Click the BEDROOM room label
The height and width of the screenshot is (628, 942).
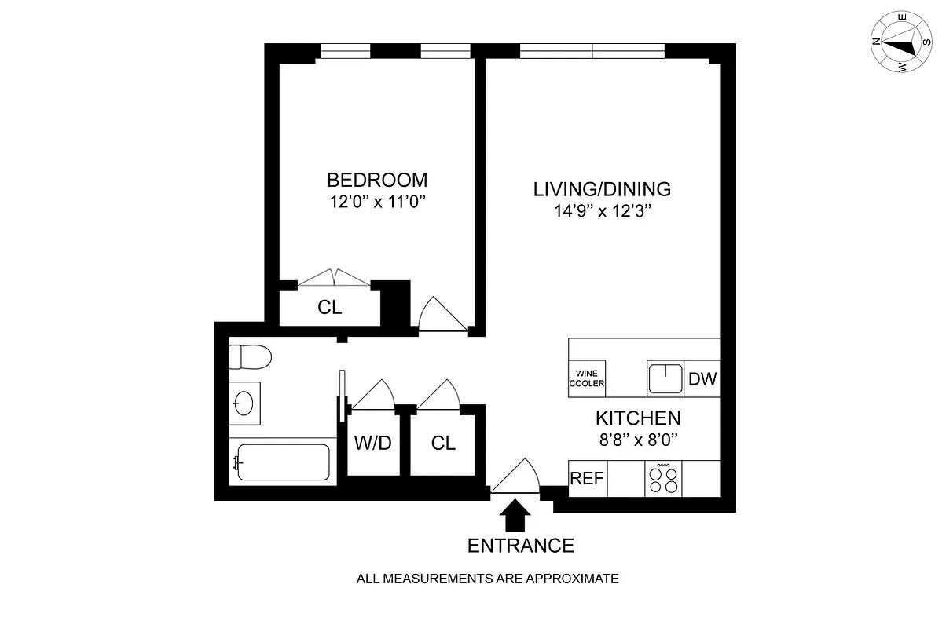point(377,179)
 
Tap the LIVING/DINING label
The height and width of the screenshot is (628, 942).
point(602,189)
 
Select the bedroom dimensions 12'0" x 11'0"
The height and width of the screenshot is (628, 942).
point(377,202)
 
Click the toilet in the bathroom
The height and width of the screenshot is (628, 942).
point(250,358)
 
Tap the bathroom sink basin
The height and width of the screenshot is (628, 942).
point(244,403)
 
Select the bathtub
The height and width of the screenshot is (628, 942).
point(280,462)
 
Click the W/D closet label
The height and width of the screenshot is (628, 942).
point(372,444)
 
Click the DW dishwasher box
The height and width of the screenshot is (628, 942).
point(702,379)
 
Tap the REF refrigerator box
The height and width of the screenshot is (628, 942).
point(587,479)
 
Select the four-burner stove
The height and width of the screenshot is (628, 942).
point(664,479)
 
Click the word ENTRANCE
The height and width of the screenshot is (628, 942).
point(520,546)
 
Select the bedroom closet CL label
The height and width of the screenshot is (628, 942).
point(330,308)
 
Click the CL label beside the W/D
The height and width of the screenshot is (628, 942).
point(443,444)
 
